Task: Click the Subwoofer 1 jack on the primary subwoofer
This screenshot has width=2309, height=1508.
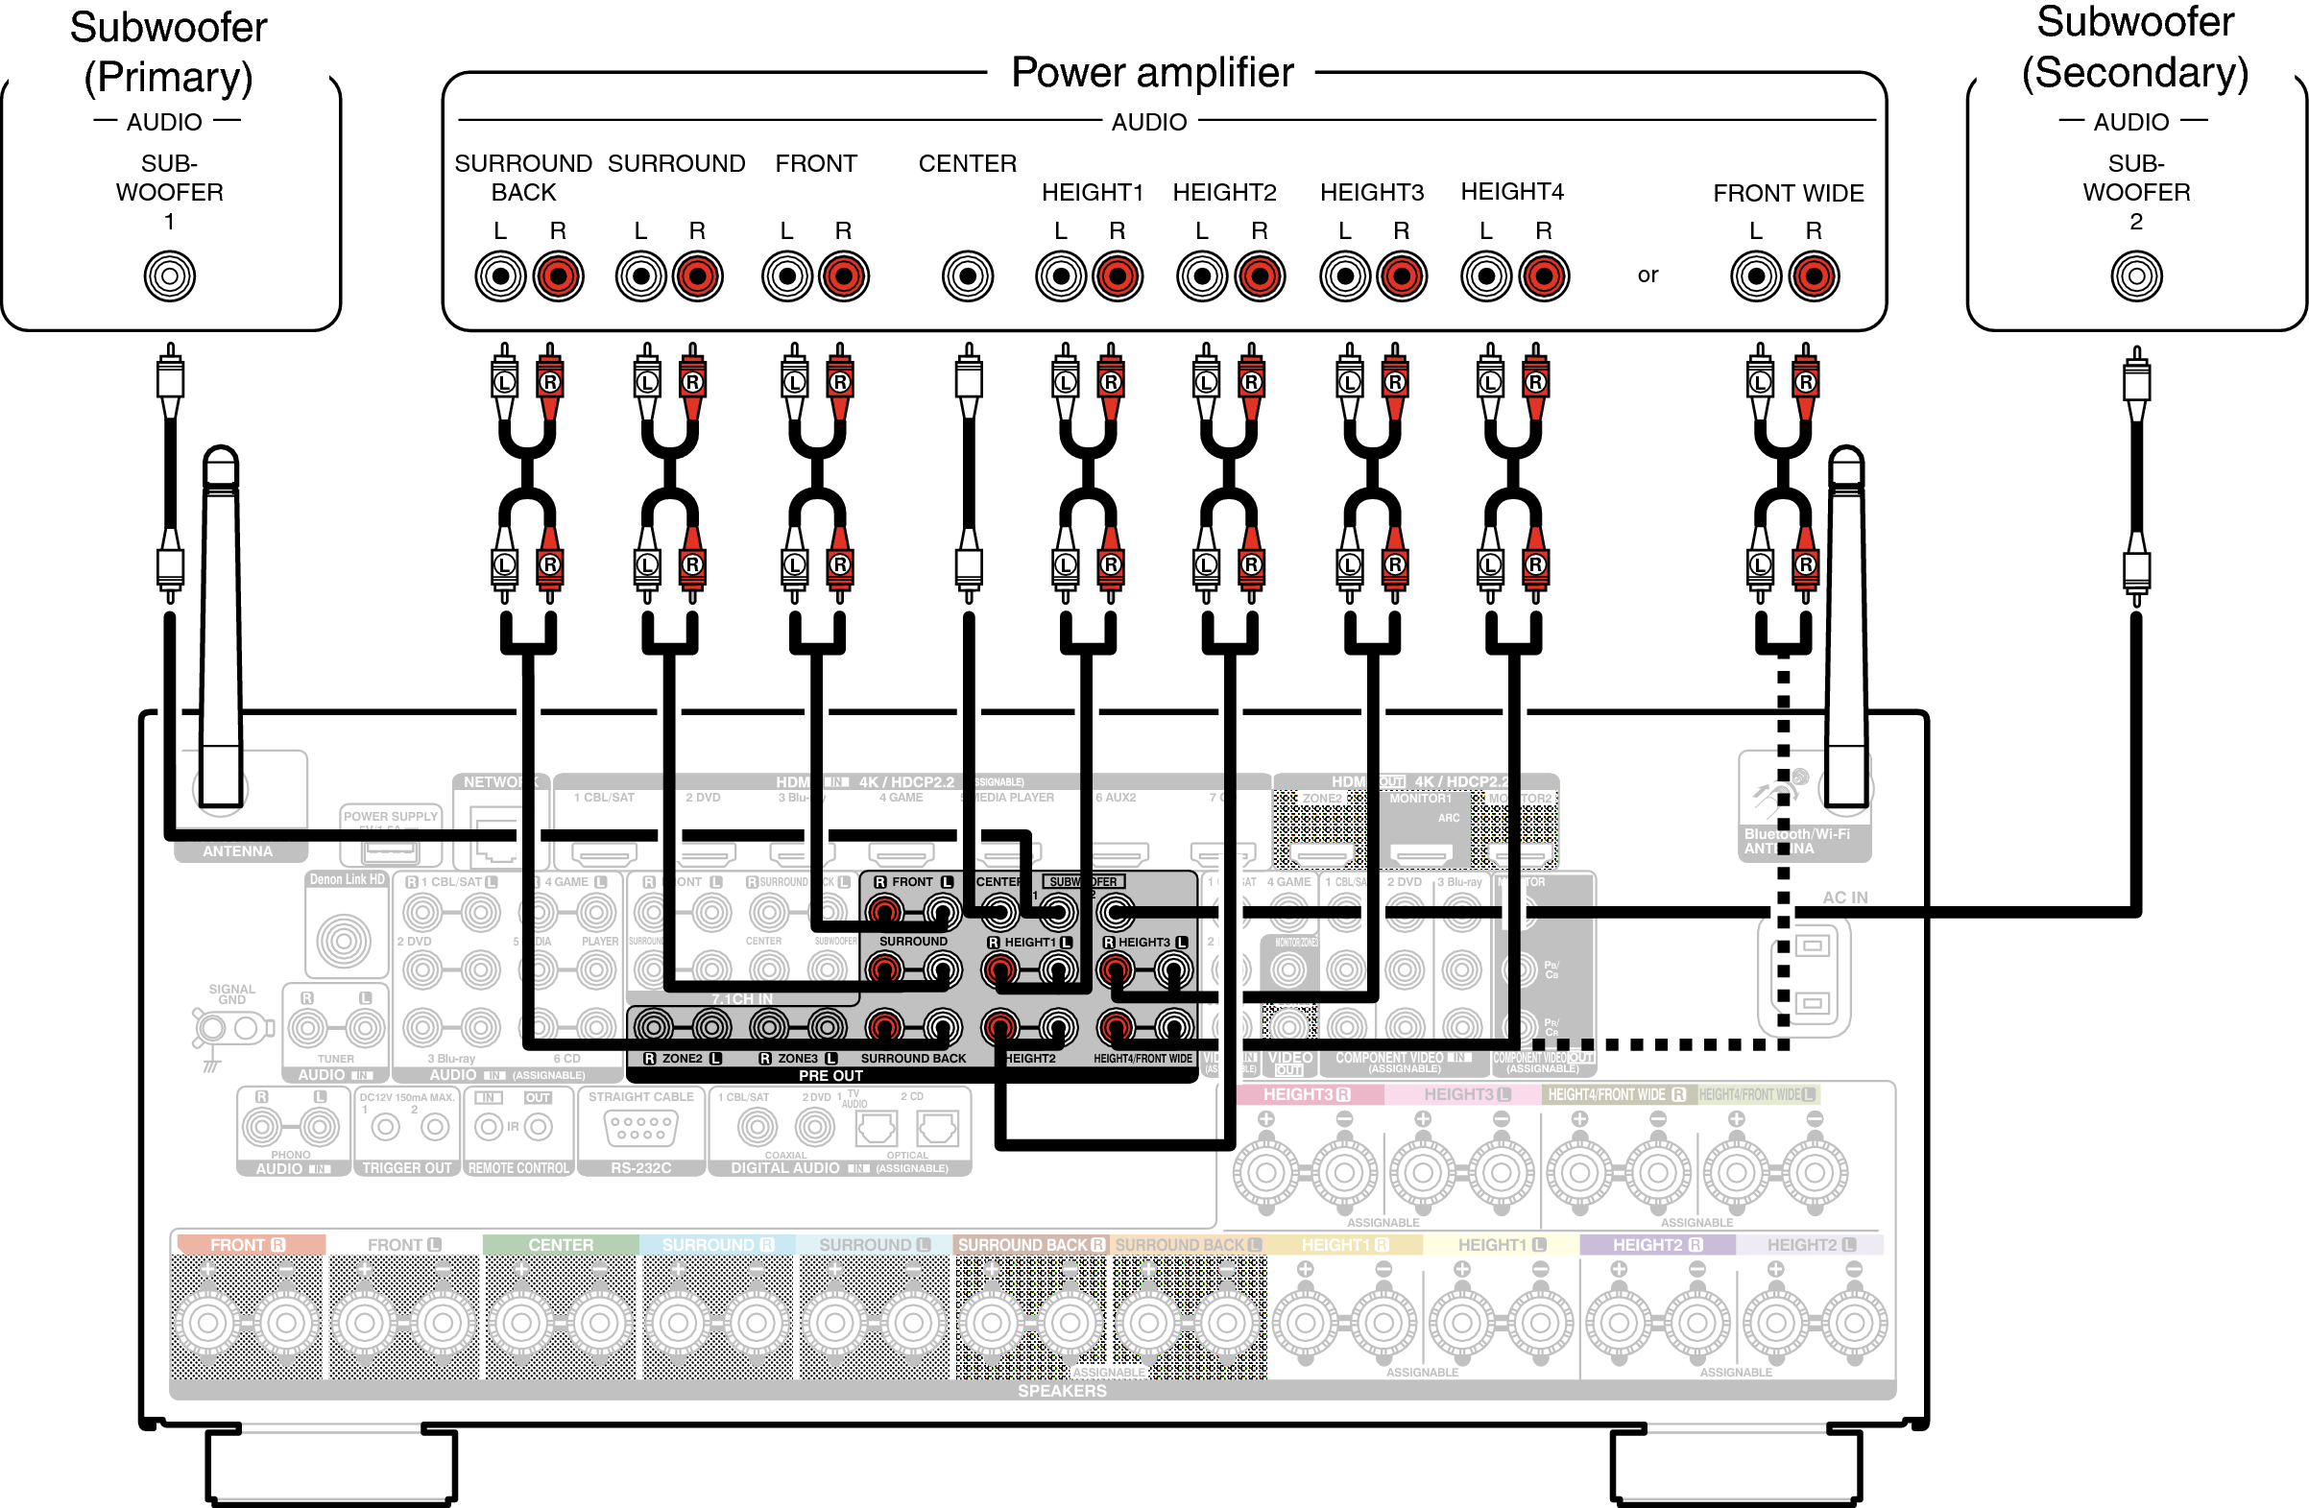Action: (x=170, y=276)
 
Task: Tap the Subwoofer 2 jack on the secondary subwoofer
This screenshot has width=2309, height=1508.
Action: (x=2136, y=276)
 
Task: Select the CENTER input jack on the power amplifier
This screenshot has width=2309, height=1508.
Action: (x=967, y=276)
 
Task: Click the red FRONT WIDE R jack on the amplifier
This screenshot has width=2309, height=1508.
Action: (x=1814, y=276)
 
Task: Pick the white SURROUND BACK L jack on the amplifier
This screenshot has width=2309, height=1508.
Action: (x=500, y=276)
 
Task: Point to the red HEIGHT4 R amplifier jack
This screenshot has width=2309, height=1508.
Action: (x=1544, y=276)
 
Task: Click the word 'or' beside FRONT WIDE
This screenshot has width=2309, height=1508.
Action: (x=1648, y=275)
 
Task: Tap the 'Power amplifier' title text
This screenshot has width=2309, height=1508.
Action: (x=1151, y=73)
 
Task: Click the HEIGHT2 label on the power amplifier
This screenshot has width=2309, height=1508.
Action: (x=1224, y=192)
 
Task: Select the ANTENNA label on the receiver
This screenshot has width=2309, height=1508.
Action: (x=238, y=851)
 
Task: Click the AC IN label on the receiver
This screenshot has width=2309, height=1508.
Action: (x=1844, y=898)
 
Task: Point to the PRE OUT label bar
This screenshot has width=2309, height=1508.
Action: (x=830, y=1075)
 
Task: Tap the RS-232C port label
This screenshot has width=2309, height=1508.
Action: (x=640, y=1168)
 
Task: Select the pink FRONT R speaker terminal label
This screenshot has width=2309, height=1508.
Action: (x=248, y=1244)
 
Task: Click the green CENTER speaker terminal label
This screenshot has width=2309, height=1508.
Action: (x=561, y=1244)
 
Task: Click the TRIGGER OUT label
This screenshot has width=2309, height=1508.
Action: (x=406, y=1168)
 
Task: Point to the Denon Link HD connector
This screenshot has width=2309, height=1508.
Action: (x=344, y=939)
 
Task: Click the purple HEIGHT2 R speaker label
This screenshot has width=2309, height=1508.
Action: (x=1657, y=1244)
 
